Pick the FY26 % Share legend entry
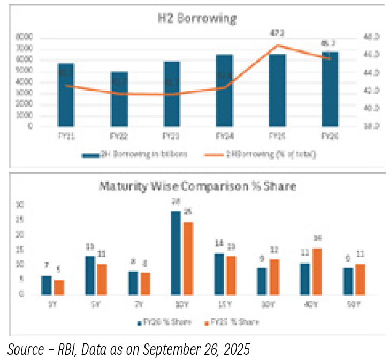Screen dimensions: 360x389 coord(161,323)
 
